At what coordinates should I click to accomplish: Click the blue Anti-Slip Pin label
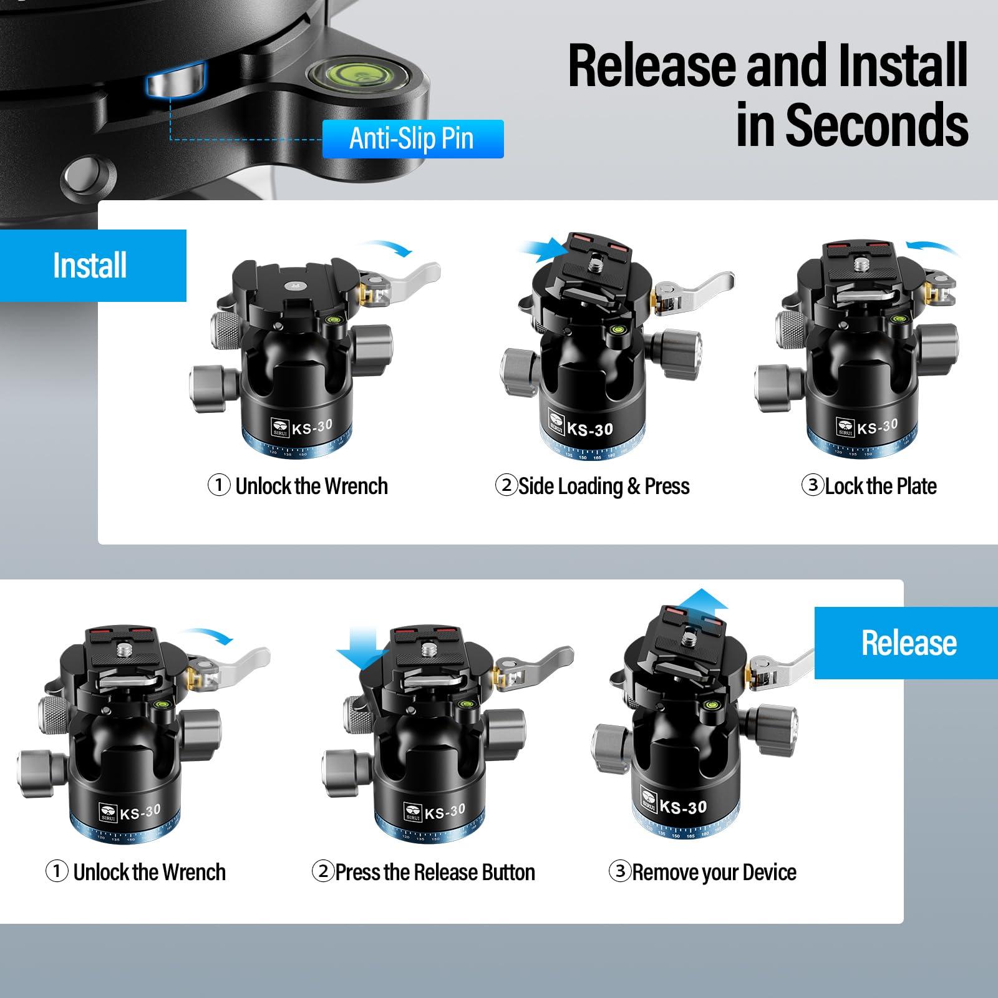pos(412,138)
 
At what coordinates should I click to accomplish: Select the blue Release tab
pos(908,642)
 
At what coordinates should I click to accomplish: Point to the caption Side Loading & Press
pos(603,486)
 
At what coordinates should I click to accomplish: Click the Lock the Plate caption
pos(880,486)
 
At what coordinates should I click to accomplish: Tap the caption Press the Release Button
pos(435,872)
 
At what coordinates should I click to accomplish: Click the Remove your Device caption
pos(714,872)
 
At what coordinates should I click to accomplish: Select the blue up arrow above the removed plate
pos(703,603)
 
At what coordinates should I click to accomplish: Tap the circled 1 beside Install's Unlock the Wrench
pos(218,485)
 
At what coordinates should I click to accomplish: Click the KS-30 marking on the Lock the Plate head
pos(877,427)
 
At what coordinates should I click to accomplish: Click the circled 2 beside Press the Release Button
pos(322,871)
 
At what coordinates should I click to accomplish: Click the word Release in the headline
pos(653,65)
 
